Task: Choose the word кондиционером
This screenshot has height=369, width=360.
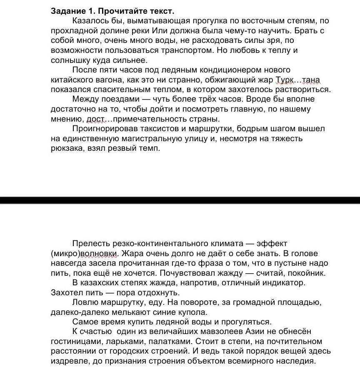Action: tap(240, 70)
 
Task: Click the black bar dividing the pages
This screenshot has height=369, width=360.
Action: tap(180, 200)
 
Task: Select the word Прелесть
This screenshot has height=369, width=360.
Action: tap(90, 244)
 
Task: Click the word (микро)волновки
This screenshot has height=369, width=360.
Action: tap(85, 253)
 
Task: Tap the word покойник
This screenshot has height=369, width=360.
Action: tap(307, 273)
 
